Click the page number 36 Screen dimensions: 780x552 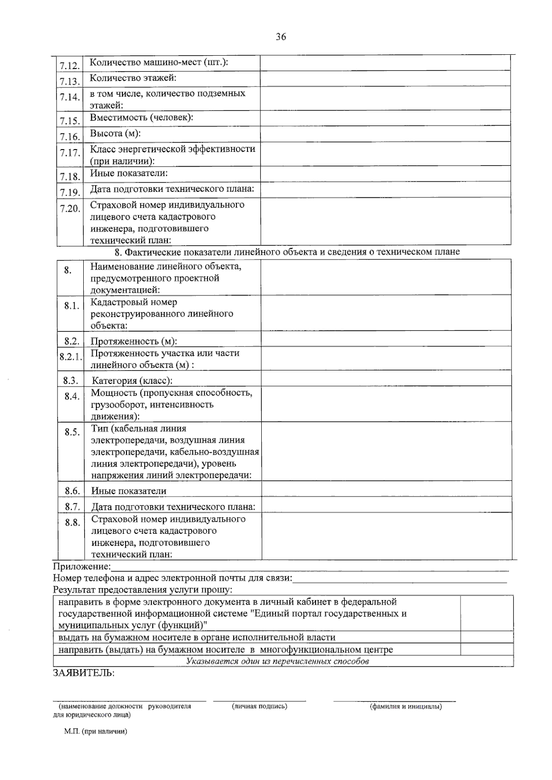(281, 37)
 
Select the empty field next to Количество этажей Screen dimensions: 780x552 (385, 79)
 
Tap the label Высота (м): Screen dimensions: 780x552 (115, 133)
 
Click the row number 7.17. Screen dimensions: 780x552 (69, 152)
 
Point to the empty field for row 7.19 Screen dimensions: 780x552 (385, 189)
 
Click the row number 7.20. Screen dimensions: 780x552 (69, 208)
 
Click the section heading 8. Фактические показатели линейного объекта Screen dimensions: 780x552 (287, 252)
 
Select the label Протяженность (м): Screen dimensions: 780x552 (134, 341)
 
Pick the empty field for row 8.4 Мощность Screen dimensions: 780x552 (386, 404)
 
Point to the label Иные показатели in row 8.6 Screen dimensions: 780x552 (129, 491)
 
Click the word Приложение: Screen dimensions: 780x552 (82, 566)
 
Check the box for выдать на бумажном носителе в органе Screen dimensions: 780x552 (487, 637)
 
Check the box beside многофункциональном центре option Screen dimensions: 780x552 (487, 649)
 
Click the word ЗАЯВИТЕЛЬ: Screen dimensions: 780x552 (84, 673)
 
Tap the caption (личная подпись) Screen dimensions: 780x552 (260, 706)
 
